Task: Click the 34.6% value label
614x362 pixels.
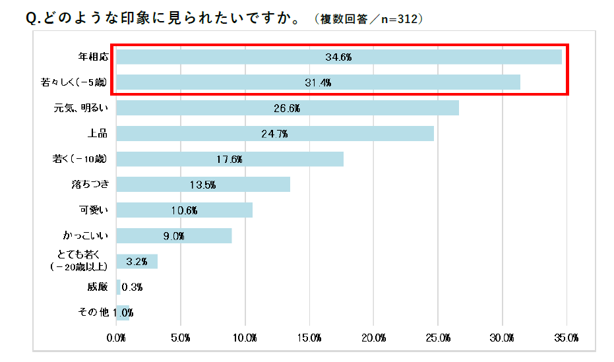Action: (x=338, y=57)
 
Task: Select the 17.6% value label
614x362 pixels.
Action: (x=230, y=160)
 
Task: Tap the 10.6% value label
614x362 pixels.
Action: (x=184, y=210)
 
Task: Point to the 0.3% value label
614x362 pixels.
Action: (x=133, y=287)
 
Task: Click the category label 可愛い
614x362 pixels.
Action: (x=93, y=210)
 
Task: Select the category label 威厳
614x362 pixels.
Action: (x=97, y=287)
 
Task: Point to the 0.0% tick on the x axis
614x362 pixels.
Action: (x=117, y=338)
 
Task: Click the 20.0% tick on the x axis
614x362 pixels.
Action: (x=374, y=338)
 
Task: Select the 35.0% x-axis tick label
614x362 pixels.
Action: (x=567, y=338)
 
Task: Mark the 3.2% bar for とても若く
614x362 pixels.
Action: (x=137, y=261)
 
